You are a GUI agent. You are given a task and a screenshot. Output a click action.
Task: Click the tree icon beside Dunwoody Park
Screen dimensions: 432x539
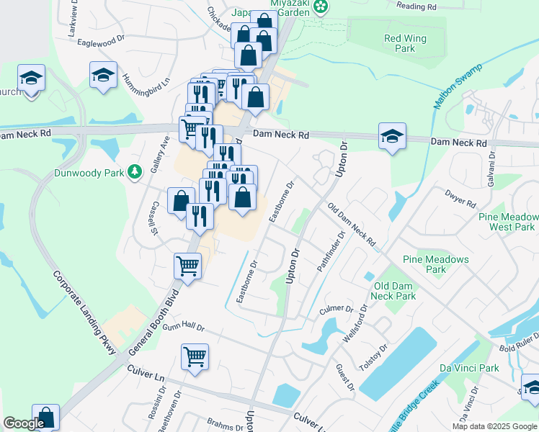[133, 172]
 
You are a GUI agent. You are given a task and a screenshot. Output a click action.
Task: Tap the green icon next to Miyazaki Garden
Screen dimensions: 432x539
[321, 7]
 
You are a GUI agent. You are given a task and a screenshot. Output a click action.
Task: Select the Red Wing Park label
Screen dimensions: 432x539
[405, 43]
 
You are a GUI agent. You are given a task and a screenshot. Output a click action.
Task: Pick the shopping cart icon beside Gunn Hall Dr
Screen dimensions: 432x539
[195, 357]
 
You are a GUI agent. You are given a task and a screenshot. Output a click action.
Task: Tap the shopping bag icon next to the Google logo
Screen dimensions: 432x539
[45, 418]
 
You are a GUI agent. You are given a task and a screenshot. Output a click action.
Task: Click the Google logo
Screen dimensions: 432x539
[24, 424]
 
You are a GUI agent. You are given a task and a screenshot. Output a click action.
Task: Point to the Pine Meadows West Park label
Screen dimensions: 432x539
[508, 222]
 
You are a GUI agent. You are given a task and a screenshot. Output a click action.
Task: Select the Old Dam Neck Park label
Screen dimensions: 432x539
[394, 291]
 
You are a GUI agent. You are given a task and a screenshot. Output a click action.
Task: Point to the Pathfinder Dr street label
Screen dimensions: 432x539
[332, 253]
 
